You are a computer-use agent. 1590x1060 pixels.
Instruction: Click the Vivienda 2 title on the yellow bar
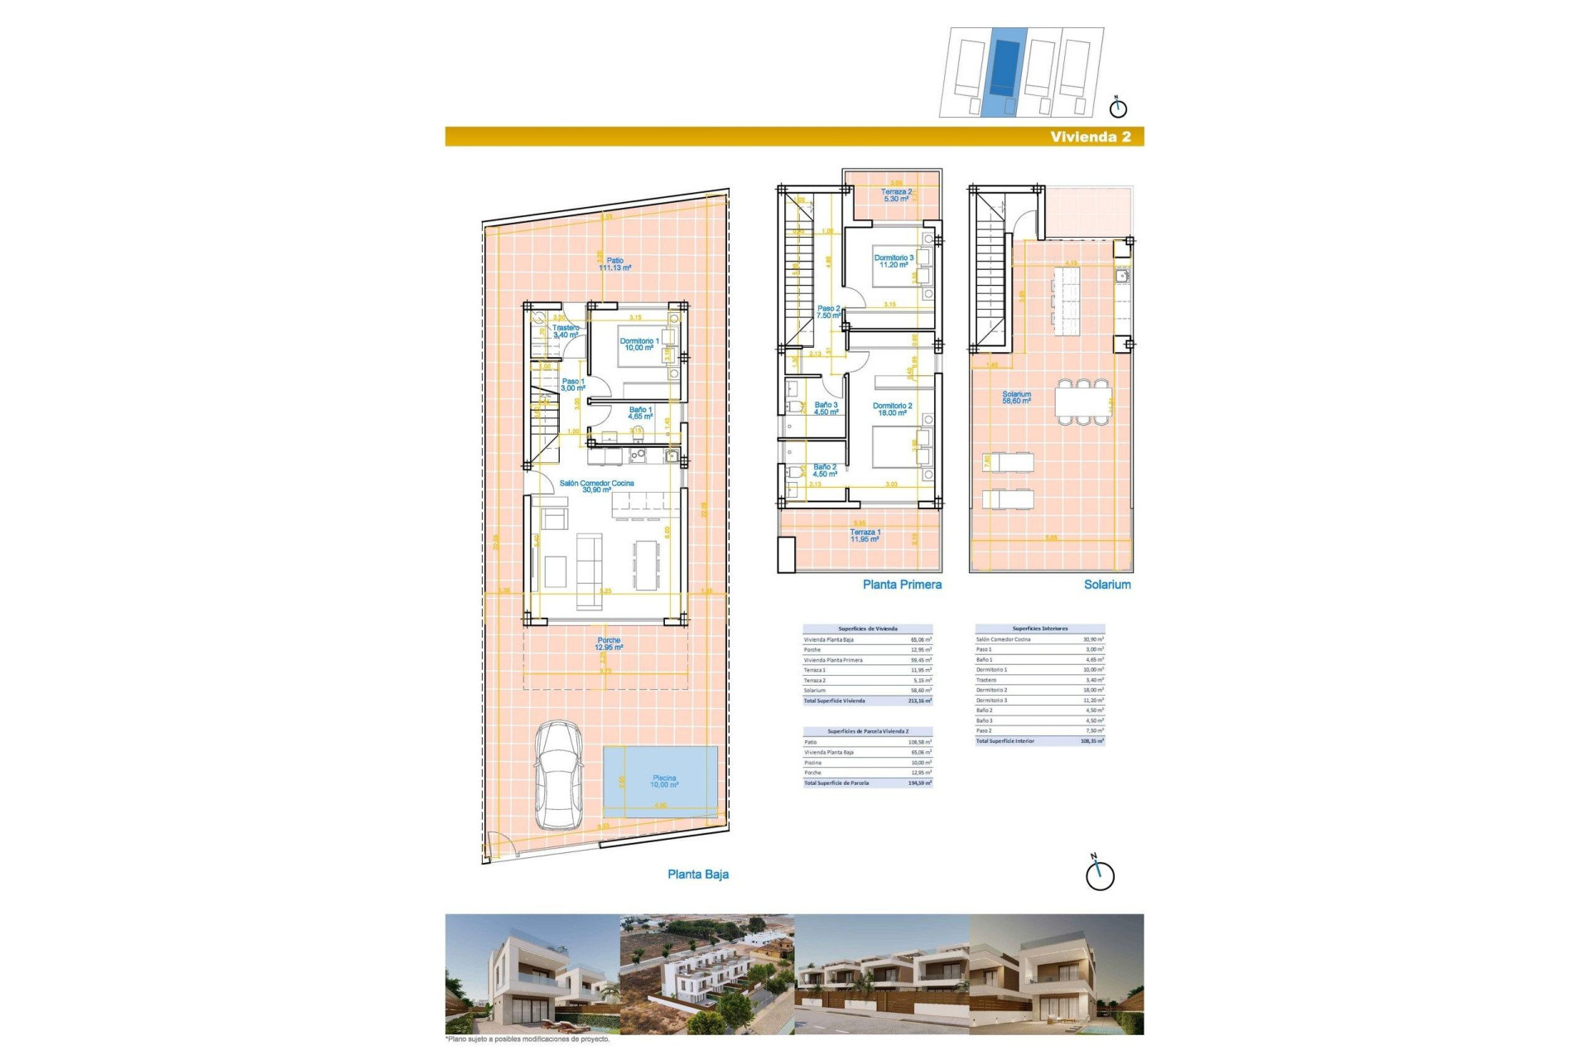tap(1090, 137)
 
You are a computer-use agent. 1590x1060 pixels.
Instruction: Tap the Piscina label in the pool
tap(663, 781)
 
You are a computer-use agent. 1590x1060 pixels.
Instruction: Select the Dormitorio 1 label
tap(639, 344)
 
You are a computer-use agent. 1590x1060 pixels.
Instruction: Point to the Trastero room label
tap(566, 331)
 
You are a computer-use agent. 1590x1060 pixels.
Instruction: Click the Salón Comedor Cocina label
tap(596, 486)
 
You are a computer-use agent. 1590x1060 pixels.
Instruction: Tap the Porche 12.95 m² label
tap(609, 643)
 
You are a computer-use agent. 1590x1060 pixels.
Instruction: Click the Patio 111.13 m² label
tap(614, 264)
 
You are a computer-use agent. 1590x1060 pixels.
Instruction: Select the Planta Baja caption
tap(697, 874)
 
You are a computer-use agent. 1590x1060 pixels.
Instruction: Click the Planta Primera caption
tap(901, 585)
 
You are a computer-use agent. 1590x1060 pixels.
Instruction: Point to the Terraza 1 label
tap(865, 536)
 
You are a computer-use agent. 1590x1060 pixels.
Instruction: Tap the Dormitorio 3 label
tap(893, 261)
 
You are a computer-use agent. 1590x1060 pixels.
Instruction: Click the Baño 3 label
tap(826, 408)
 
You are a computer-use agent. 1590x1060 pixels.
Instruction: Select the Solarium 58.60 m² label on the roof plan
tap(1016, 397)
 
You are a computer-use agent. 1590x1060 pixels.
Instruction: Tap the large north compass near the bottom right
tap(1100, 875)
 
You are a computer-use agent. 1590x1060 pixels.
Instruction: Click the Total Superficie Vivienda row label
tap(834, 701)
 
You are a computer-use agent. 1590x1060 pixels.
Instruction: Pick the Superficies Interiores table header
tap(1039, 629)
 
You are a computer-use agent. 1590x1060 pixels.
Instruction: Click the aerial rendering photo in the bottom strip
tap(706, 974)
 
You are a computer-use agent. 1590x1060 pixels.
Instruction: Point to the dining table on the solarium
tap(1082, 402)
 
